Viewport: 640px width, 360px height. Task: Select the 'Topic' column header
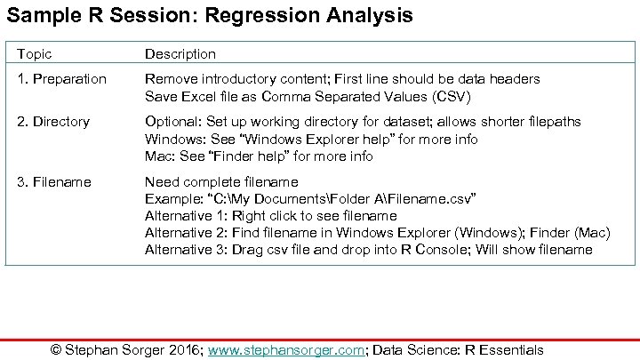[36, 54]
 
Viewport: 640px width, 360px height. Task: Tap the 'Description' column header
[180, 54]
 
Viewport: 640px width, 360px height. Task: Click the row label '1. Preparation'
[61, 79]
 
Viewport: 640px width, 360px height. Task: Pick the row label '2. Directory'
[54, 122]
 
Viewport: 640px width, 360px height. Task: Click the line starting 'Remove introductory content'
[342, 79]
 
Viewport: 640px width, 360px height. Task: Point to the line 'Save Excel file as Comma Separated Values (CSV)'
[308, 96]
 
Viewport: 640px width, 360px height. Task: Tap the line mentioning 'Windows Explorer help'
[311, 139]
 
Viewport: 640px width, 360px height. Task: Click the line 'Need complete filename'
[221, 181]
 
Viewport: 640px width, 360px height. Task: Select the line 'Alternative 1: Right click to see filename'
[270, 216]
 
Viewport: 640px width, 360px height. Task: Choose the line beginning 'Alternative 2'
[377, 233]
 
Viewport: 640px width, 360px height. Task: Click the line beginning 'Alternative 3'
[368, 250]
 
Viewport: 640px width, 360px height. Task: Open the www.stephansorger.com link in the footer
[286, 350]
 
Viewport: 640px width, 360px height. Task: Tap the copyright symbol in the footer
[57, 350]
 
